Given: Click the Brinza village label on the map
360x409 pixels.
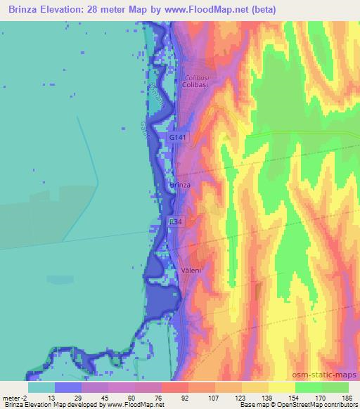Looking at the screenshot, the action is coord(181,185).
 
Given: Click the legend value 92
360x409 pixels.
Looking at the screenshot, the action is coord(166,397).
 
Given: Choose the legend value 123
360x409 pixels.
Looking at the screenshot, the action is coord(242,397).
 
